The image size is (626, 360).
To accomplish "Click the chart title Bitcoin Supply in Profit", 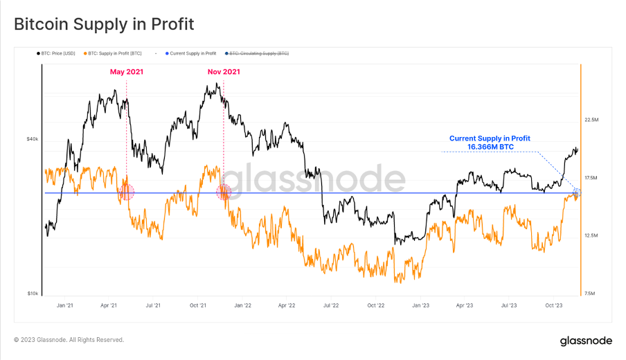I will (104, 24).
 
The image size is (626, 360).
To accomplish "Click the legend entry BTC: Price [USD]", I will (56, 53).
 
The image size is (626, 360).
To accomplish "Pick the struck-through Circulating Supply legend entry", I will (258, 53).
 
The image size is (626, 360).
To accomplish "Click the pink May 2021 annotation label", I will (127, 71).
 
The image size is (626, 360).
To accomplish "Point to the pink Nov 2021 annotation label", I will (224, 71).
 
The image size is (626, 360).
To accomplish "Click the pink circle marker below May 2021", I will (127, 192).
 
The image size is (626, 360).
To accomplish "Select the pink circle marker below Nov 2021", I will (224, 192).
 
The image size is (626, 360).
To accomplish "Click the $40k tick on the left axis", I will (32, 139).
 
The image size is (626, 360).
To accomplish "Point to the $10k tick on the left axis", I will (32, 294).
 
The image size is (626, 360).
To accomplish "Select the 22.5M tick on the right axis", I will (591, 120).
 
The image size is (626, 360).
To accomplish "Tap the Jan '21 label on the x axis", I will (65, 305).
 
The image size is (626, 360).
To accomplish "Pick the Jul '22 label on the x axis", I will (331, 305).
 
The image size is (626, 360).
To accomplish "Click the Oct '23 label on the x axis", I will (554, 305).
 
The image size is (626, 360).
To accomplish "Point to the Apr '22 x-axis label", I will (287, 305).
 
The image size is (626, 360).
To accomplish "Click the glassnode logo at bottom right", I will (585, 341).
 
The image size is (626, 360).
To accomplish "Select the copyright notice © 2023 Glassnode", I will (69, 340).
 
